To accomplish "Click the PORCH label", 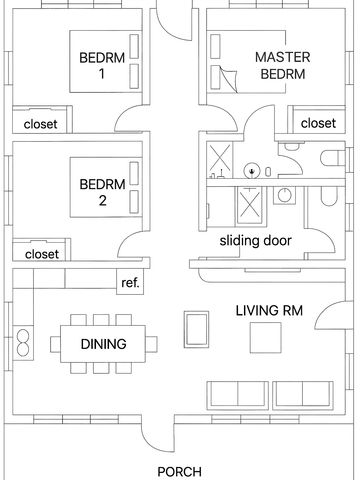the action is pos(179,472).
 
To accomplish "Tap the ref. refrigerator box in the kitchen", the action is pos(130,282).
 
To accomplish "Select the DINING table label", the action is pos(103,344).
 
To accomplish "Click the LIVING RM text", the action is pos(269,311).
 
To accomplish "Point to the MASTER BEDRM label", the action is pos(283,65).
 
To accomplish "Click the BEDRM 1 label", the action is pos(102,65).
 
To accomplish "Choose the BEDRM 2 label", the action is pos(102,192).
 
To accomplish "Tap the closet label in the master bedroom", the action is pos(318,123).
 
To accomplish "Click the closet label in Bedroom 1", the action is pos(40,124).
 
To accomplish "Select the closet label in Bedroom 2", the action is pos(42,254).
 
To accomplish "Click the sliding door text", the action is pos(255,241).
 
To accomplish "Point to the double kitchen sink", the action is pos(23,342).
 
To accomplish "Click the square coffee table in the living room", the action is pos(266,338).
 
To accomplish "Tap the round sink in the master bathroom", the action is pos(252,171).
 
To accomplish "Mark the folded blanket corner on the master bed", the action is pos(228,79).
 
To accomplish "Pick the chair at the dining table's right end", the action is pos(151,344).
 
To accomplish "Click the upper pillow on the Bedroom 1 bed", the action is pos(134,46).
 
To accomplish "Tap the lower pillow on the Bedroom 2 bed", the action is pos(134,202).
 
